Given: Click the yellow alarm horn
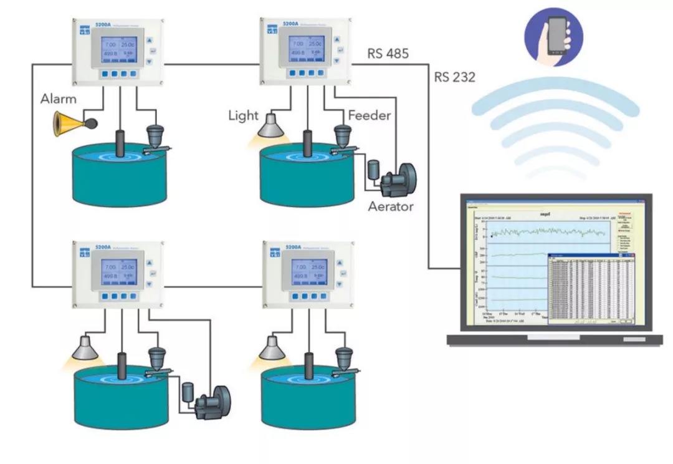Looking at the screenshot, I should tap(69, 123).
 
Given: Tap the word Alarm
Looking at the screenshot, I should tap(59, 99).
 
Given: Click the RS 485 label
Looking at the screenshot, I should tap(388, 54).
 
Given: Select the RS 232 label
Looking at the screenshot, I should tap(455, 78).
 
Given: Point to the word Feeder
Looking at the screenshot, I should tap(370, 115).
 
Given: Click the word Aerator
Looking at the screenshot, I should tap(390, 206).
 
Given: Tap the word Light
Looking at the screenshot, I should tap(243, 115).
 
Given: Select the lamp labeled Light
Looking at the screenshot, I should tap(273, 127).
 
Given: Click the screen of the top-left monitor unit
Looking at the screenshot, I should tap(117, 51).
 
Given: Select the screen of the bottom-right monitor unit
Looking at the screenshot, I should tap(305, 272).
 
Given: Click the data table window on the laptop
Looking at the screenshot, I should tap(591, 288).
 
